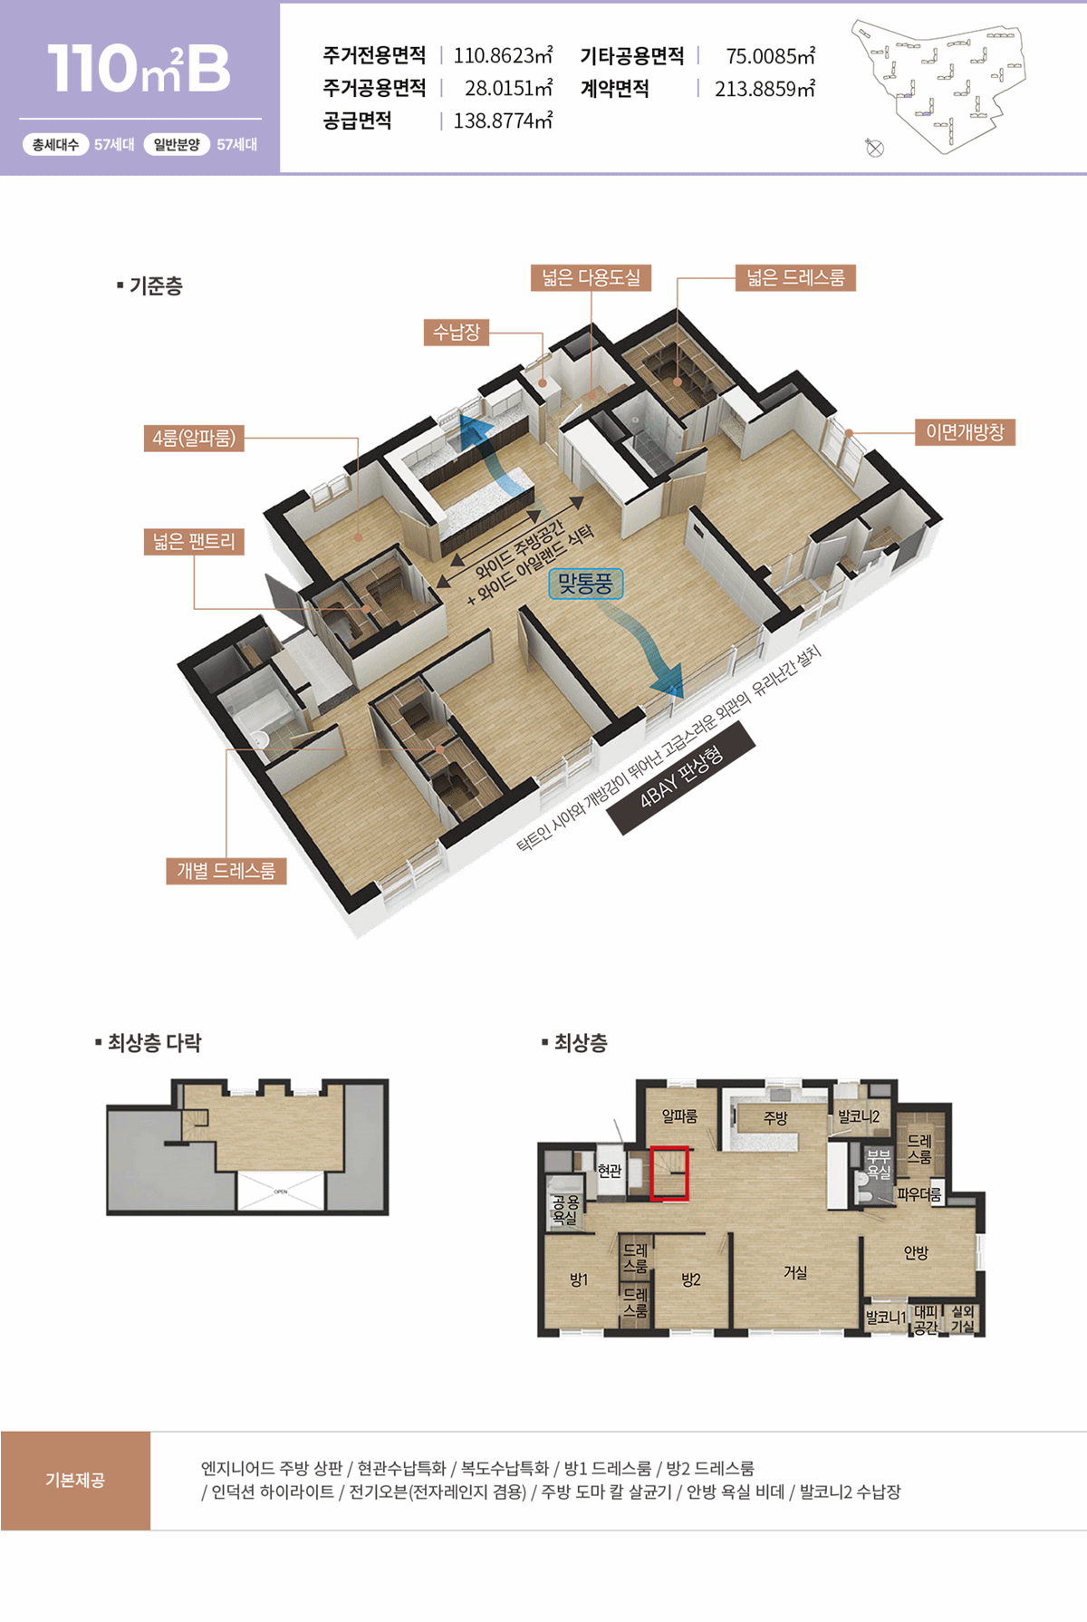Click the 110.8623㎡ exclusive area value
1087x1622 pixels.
[x=503, y=55]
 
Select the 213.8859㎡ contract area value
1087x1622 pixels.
[x=765, y=89]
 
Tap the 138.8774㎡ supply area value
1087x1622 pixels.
[x=503, y=121]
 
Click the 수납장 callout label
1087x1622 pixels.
[x=457, y=332]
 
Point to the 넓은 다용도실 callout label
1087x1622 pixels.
[x=591, y=277]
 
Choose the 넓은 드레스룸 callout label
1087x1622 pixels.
[x=795, y=277]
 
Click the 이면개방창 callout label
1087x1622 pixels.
[x=965, y=432]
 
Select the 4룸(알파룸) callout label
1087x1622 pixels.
[x=194, y=438]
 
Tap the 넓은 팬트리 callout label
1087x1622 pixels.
[x=194, y=542]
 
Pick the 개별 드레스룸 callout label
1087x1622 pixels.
[x=226, y=871]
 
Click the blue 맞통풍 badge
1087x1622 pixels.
[x=585, y=584]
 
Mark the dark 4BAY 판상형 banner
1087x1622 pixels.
[x=681, y=777]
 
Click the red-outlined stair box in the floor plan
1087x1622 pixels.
[x=669, y=1173]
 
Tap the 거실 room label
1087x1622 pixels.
[x=795, y=1272]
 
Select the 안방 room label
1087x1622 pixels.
[x=916, y=1252]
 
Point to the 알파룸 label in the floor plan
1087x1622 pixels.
[x=679, y=1116]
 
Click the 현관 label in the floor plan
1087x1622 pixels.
[x=610, y=1171]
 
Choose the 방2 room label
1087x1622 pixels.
[x=691, y=1279]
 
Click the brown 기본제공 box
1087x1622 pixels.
[x=75, y=1481]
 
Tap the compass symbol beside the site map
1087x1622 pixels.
[x=874, y=148]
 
